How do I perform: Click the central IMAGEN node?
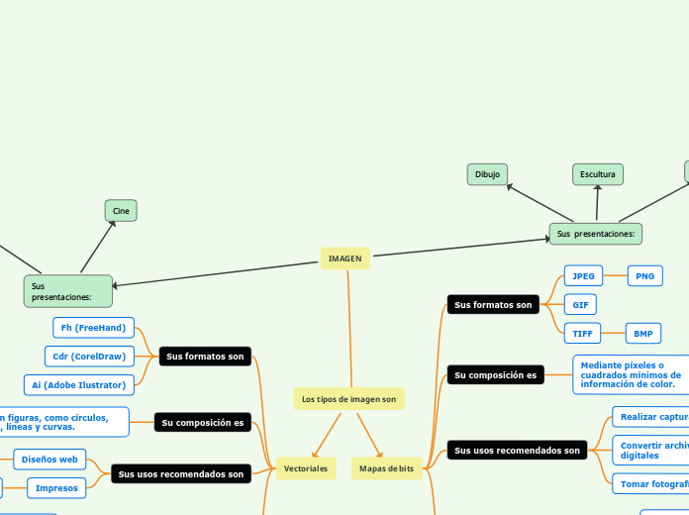point(345,258)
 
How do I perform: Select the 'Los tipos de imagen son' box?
point(348,399)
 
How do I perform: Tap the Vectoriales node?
point(306,467)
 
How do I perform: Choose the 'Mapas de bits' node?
point(386,467)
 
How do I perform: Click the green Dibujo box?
point(487,174)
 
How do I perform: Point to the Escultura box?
point(598,174)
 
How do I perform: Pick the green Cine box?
point(121,211)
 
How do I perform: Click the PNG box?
point(644,276)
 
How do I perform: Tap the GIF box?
point(579,305)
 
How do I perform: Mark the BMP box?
point(642,334)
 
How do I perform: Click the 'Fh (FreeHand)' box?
point(93,328)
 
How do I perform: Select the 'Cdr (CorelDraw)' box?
point(89,357)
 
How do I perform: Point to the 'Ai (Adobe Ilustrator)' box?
point(79,384)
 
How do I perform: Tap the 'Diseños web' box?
point(49,460)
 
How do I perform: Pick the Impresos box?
point(56,487)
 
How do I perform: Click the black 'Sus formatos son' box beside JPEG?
point(493,305)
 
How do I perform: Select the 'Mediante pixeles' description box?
point(631,375)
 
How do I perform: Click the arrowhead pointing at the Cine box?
point(114,223)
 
